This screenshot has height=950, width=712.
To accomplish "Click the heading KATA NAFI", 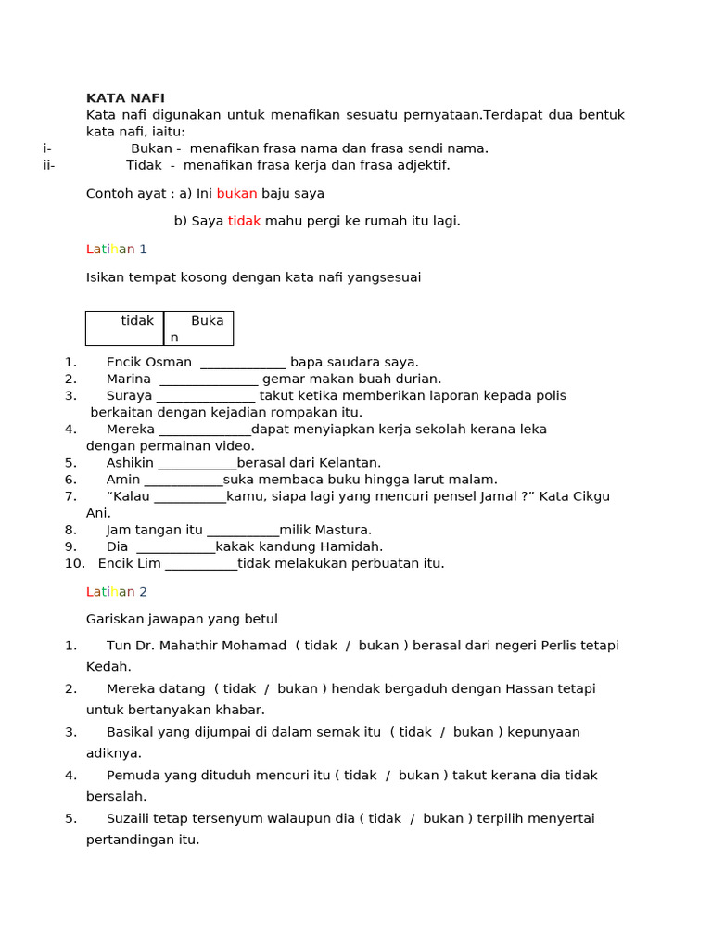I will (125, 98).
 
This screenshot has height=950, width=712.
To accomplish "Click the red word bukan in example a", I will (236, 194).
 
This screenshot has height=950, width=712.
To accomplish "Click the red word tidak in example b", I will (244, 221).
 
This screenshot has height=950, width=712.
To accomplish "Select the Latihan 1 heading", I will (117, 250).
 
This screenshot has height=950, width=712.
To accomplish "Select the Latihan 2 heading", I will (117, 592).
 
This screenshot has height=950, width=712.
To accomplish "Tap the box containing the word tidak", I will (125, 327).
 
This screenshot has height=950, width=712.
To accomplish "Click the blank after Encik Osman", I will (243, 363).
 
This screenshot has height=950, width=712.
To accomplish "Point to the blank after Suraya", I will (205, 396).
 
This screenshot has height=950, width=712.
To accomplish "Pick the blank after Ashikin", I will (197, 463).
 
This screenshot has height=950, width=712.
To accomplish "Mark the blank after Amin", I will (184, 480).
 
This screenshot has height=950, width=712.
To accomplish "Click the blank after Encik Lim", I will (201, 564).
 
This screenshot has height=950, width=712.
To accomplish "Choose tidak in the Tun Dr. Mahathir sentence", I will (321, 646).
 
